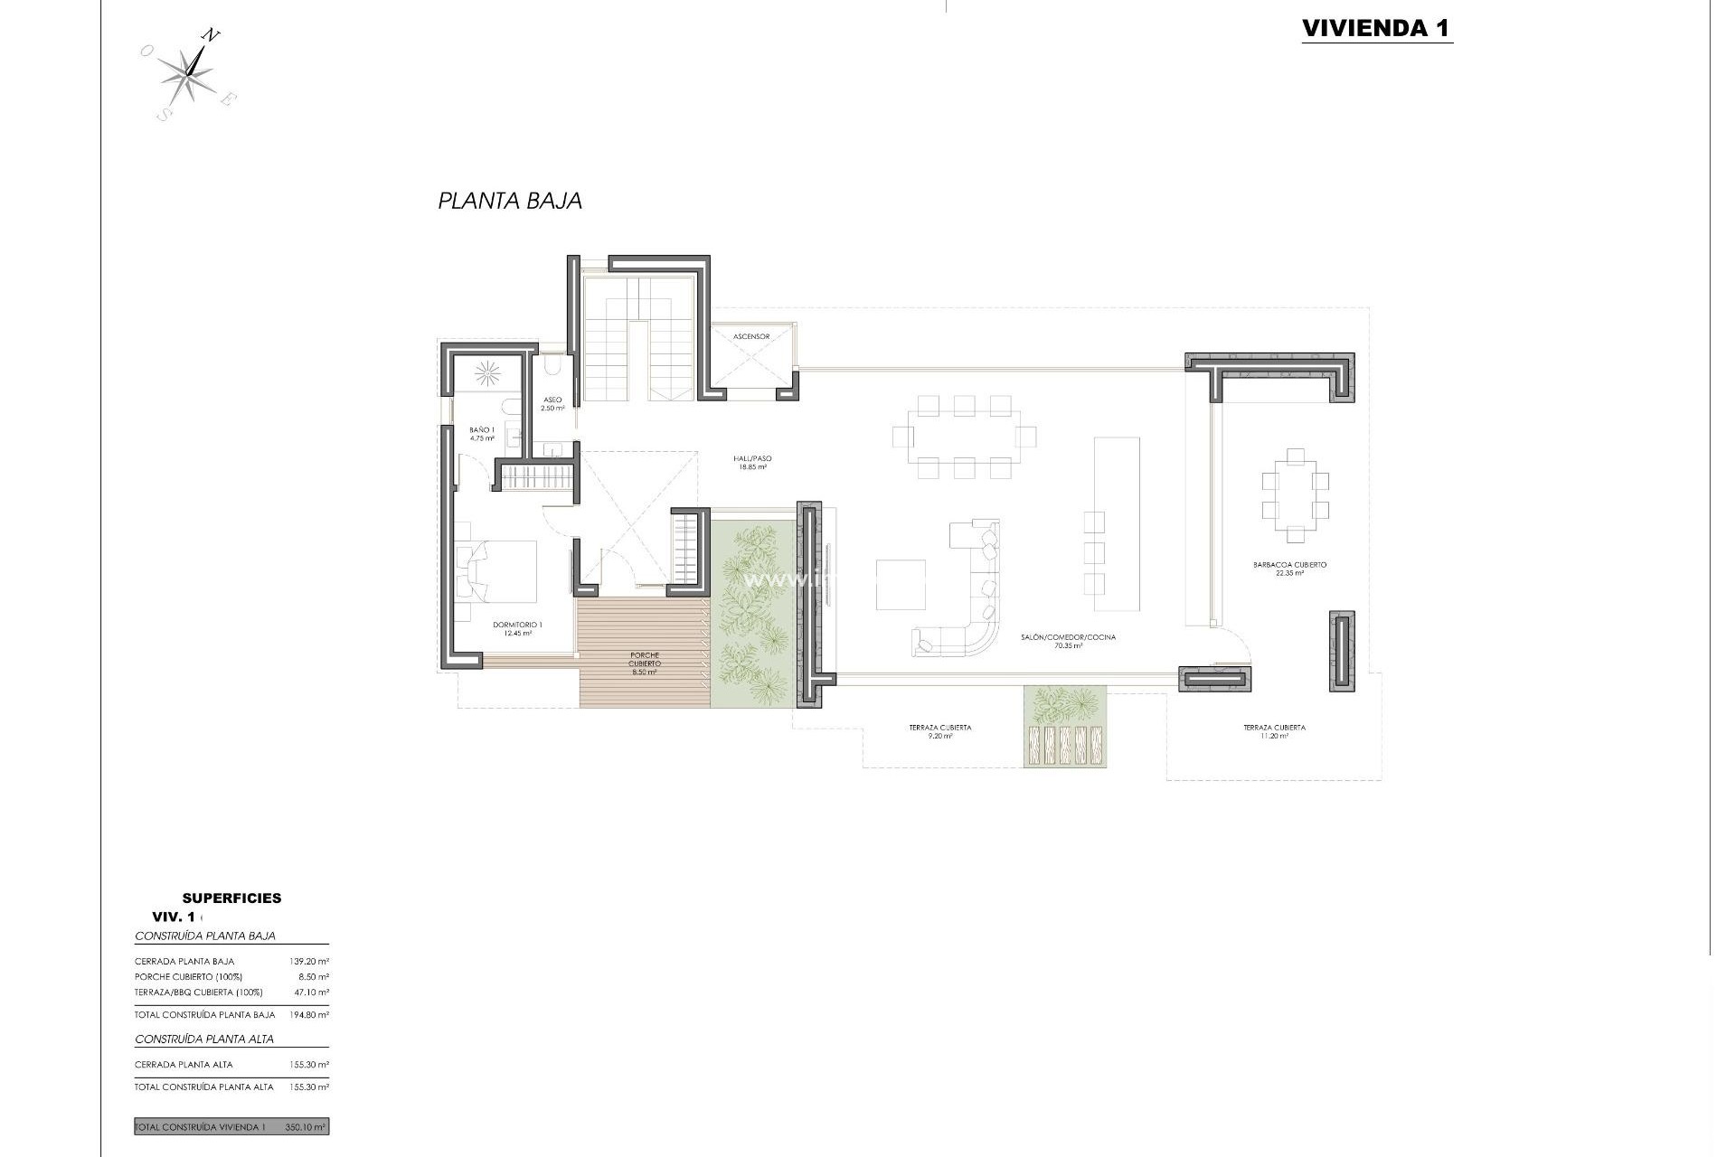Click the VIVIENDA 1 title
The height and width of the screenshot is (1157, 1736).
[x=1376, y=28]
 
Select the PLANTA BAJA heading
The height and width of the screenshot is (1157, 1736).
[x=510, y=201]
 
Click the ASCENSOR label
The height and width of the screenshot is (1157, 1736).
[x=751, y=336]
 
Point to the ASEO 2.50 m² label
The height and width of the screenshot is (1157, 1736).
[x=552, y=404]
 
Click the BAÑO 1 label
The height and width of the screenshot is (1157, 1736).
[x=482, y=434]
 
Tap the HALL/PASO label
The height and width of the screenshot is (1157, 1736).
[x=751, y=463]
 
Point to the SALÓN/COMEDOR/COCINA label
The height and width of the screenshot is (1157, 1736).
[x=1069, y=641]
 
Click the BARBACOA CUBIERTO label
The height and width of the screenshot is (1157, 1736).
[x=1289, y=569]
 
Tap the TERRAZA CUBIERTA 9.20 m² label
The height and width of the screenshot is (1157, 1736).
[x=940, y=731]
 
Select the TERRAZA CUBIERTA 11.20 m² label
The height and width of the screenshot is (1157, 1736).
[x=1274, y=731]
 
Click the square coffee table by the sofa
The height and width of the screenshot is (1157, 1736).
[x=901, y=585]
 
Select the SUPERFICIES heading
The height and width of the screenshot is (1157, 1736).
[x=231, y=898]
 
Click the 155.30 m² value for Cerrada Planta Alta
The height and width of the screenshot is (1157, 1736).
[x=312, y=1065]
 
